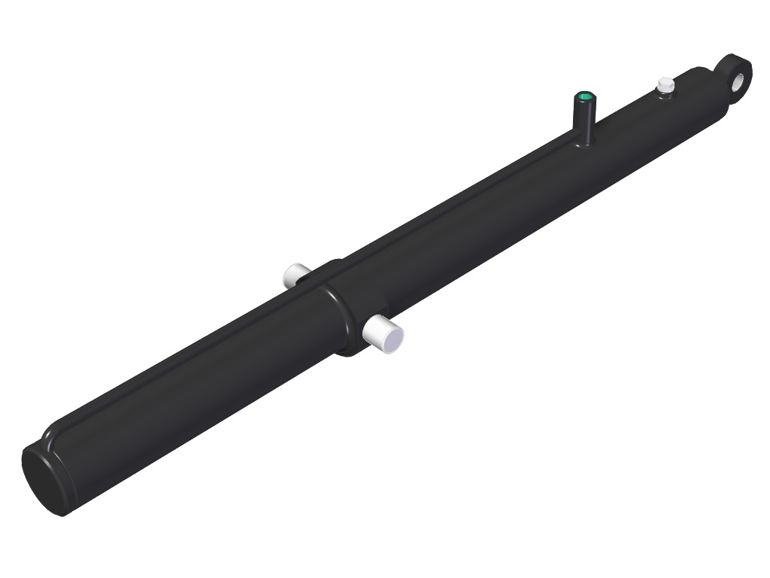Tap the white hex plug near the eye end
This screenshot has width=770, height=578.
click(x=664, y=85)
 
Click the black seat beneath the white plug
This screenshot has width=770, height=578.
click(x=665, y=95)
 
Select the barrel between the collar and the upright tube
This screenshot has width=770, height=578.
click(x=466, y=226)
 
